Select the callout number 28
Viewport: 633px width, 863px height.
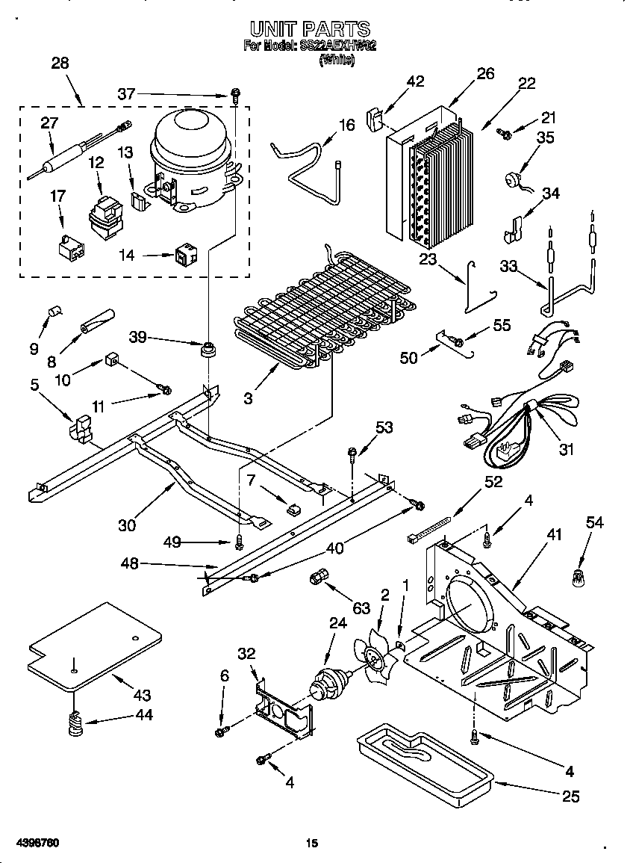[60, 64]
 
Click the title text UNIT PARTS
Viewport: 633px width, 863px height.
[309, 29]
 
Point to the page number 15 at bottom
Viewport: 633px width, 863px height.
[312, 844]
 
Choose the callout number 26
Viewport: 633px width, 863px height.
[485, 73]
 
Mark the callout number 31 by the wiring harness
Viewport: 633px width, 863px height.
[567, 449]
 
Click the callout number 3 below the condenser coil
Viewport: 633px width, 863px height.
[248, 398]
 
